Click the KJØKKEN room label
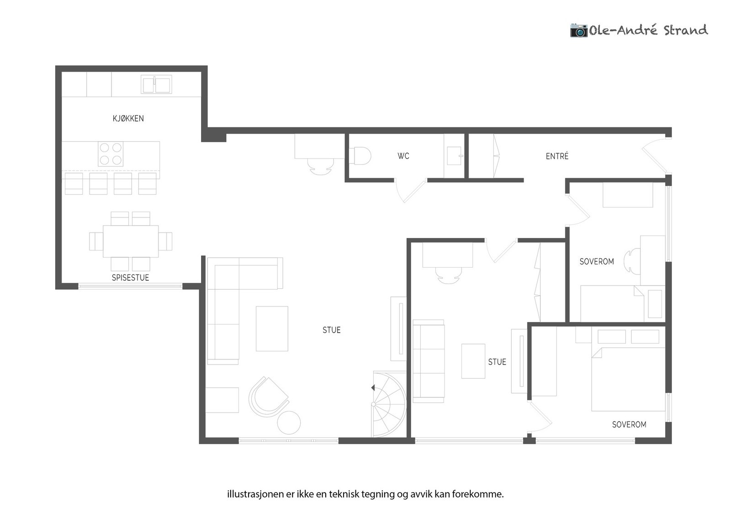pyautogui.click(x=128, y=118)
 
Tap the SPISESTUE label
pyautogui.click(x=130, y=278)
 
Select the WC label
pyautogui.click(x=403, y=156)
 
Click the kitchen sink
pyautogui.click(x=156, y=84)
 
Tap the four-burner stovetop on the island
pyautogui.click(x=111, y=154)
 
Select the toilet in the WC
pyautogui.click(x=360, y=156)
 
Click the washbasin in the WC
pyautogui.click(x=455, y=156)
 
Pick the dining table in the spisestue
pyautogui.click(x=131, y=242)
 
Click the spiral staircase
pyautogui.click(x=389, y=404)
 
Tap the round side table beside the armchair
pyautogui.click(x=289, y=423)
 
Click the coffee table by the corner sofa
pyautogui.click(x=272, y=328)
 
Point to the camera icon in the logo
pyautogui.click(x=578, y=31)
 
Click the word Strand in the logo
pyautogui.click(x=686, y=30)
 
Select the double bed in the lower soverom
pyautogui.click(x=628, y=379)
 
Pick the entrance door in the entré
pyautogui.click(x=656, y=155)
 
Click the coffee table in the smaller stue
pyautogui.click(x=473, y=361)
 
